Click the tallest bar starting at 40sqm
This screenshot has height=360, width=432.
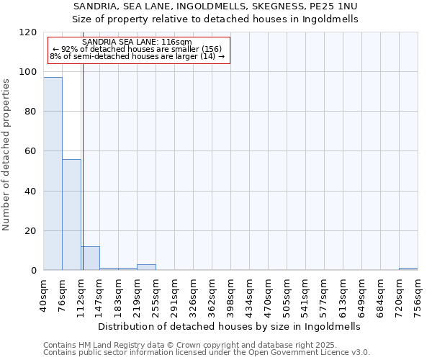tap(53, 174)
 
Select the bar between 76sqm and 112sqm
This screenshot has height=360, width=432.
tap(71, 215)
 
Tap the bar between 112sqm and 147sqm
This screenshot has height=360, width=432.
tap(90, 258)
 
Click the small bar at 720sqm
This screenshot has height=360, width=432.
tap(408, 269)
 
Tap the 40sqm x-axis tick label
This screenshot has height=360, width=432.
tap(44, 294)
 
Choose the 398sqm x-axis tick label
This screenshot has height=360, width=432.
tap(231, 294)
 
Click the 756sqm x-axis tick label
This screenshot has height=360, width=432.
tap(418, 294)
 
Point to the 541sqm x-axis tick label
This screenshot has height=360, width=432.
tap(306, 294)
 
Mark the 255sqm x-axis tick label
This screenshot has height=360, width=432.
tap(156, 294)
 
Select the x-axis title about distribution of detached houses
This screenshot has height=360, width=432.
tap(228, 326)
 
